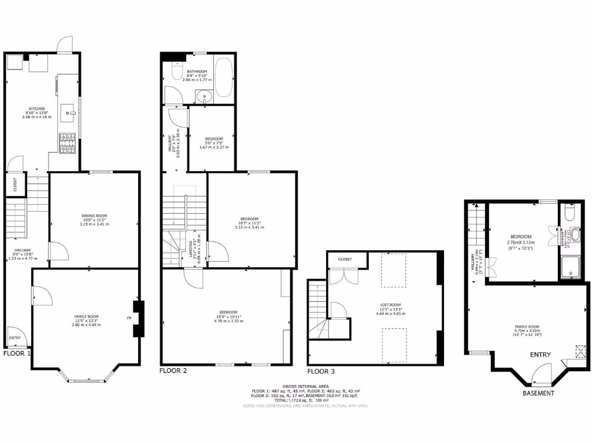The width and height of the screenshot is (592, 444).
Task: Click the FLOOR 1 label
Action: tap(17, 353)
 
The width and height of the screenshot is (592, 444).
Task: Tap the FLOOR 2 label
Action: tap(173, 371)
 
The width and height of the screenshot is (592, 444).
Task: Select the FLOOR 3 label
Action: tap(320, 371)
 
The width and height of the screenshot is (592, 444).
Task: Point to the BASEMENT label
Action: tap(538, 393)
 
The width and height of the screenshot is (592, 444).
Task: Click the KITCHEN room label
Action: tap(38, 108)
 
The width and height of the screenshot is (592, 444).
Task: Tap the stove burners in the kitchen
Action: tap(68, 144)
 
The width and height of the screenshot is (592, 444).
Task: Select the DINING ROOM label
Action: tap(94, 216)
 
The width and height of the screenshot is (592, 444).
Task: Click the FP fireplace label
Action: tap(129, 318)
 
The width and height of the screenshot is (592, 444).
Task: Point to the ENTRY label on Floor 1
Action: tap(15, 338)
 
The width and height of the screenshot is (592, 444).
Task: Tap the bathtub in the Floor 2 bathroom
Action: tap(223, 77)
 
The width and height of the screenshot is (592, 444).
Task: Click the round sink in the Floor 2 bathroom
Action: tap(203, 97)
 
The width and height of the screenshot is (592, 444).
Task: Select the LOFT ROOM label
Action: tap(391, 305)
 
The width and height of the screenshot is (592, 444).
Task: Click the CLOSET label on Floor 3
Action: tap(345, 260)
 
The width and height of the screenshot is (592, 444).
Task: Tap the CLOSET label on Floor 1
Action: tap(15, 185)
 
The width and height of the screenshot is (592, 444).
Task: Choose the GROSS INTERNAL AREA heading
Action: tap(306, 386)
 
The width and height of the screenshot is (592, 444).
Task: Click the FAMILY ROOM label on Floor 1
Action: tap(86, 316)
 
